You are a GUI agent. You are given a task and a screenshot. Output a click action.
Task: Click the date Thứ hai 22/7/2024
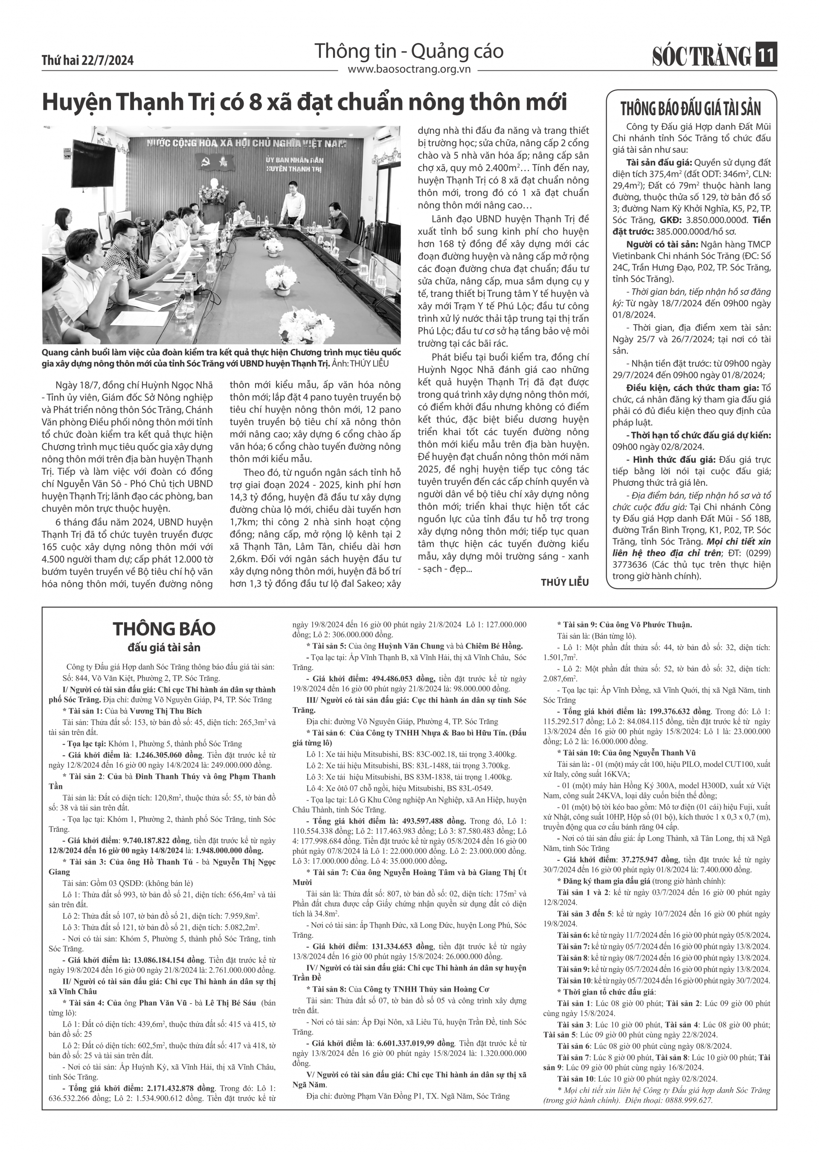[x=88, y=61]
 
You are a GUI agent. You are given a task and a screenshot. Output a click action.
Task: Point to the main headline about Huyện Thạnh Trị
[x=305, y=102]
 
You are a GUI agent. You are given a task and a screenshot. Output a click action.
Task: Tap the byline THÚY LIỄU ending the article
[x=564, y=582]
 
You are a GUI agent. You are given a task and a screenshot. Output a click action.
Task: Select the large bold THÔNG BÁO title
[x=164, y=629]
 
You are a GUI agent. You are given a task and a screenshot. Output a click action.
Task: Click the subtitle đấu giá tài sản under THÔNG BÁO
[x=164, y=647]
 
